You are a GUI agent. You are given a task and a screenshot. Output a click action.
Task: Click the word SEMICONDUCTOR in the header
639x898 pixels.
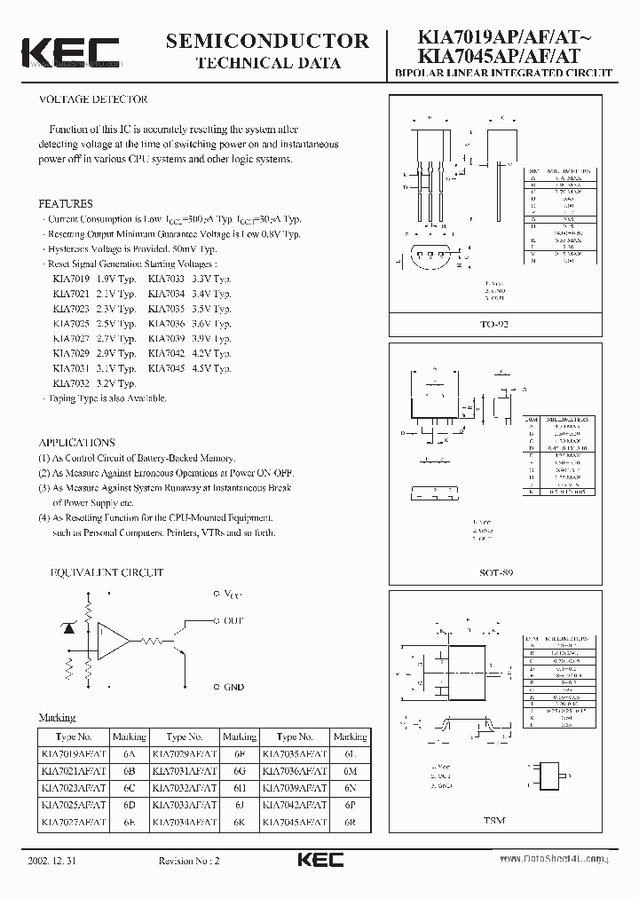pyautogui.click(x=266, y=40)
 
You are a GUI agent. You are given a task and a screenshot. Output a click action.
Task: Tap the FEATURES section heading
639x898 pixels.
pyautogui.click(x=65, y=203)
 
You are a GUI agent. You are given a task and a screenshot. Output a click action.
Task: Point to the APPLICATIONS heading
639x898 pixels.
pyautogui.click(x=76, y=442)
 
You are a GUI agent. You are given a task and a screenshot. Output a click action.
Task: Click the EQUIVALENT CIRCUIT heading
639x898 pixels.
pyautogui.click(x=101, y=573)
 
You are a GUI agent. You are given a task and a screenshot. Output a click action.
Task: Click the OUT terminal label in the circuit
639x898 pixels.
pyautogui.click(x=233, y=620)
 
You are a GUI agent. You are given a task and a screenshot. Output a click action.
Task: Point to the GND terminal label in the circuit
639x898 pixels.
pyautogui.click(x=233, y=687)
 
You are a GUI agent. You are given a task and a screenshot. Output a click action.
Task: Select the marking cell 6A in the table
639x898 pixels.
pyautogui.click(x=129, y=753)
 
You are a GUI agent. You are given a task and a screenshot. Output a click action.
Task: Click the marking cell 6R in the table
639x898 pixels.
pyautogui.click(x=349, y=823)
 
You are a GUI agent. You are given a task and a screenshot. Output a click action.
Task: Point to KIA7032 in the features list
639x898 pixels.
pyautogui.click(x=70, y=383)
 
